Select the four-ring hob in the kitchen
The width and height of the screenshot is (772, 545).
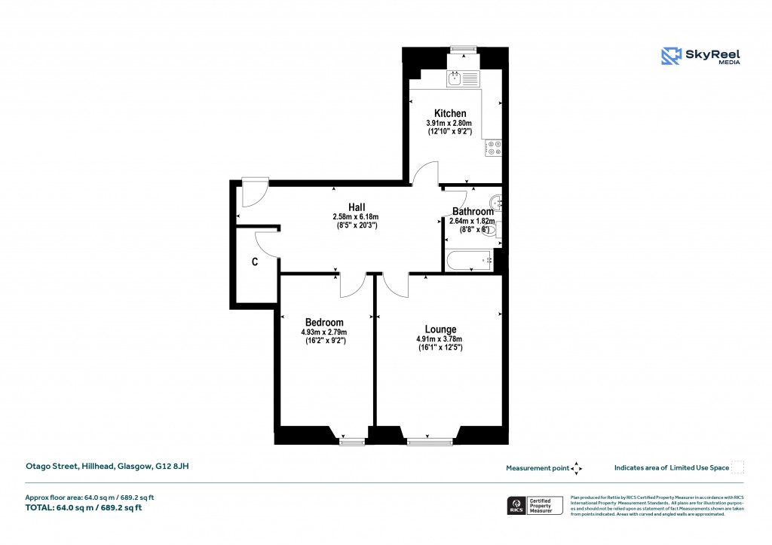(x=494, y=147)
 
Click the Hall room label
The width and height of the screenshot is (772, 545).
(x=357, y=207)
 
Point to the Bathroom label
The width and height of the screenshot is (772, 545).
(x=472, y=212)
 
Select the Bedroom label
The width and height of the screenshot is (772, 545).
(x=324, y=323)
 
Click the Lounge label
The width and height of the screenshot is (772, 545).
(x=440, y=329)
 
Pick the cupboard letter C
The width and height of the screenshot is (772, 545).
(x=255, y=262)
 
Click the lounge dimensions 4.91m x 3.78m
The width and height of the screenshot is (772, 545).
(x=439, y=339)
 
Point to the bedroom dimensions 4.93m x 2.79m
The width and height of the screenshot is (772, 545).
(x=324, y=332)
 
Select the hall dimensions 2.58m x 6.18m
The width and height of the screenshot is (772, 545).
(x=356, y=217)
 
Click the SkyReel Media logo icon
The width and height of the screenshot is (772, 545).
(x=672, y=57)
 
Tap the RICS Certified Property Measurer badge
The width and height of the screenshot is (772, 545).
(x=537, y=506)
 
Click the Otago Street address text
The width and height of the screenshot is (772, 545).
(x=107, y=467)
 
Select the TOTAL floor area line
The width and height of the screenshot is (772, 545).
(x=84, y=507)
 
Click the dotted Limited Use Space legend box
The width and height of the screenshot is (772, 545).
(x=738, y=467)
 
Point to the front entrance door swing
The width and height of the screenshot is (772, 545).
(x=253, y=192)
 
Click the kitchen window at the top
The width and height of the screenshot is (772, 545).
(x=461, y=50)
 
